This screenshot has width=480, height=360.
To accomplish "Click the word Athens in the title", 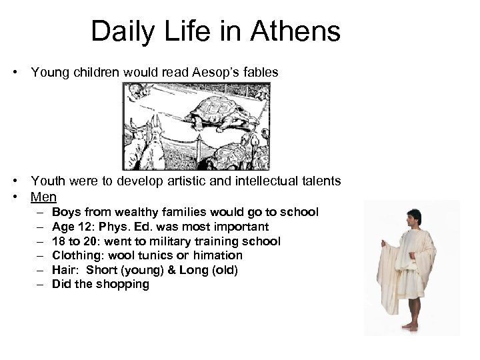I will point(301,31).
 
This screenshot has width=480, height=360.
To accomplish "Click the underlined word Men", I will point(43,197).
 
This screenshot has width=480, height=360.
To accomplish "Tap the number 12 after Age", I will point(87,227).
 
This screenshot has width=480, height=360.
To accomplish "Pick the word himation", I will point(221,255).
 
